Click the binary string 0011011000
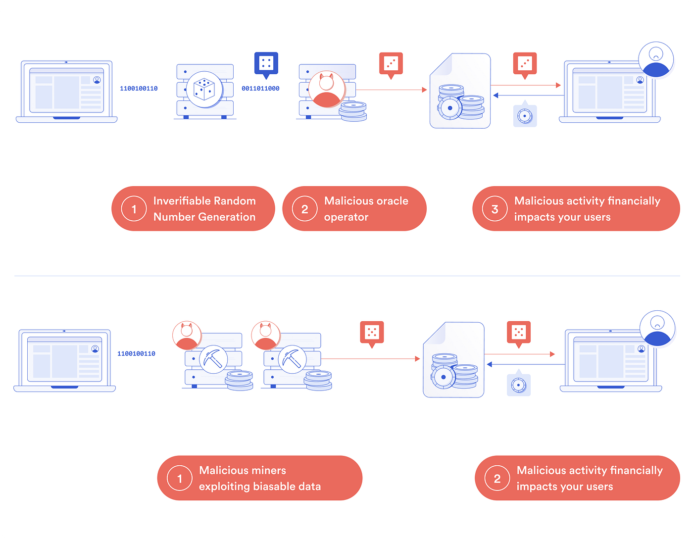click(260, 88)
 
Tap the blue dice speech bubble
click(266, 65)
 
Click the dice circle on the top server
click(204, 89)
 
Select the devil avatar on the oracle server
click(326, 89)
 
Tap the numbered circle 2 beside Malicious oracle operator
click(304, 209)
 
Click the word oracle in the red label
click(392, 201)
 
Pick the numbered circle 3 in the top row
click(495, 209)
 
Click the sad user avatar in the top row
click(656, 59)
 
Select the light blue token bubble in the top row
click(525, 114)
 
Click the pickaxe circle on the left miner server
click(213, 359)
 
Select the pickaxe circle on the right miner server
click(292, 359)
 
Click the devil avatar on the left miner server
click(187, 335)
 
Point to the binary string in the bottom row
click(136, 353)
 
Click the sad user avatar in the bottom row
click(657, 328)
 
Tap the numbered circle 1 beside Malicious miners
click(180, 478)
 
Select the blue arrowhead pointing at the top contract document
click(495, 96)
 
